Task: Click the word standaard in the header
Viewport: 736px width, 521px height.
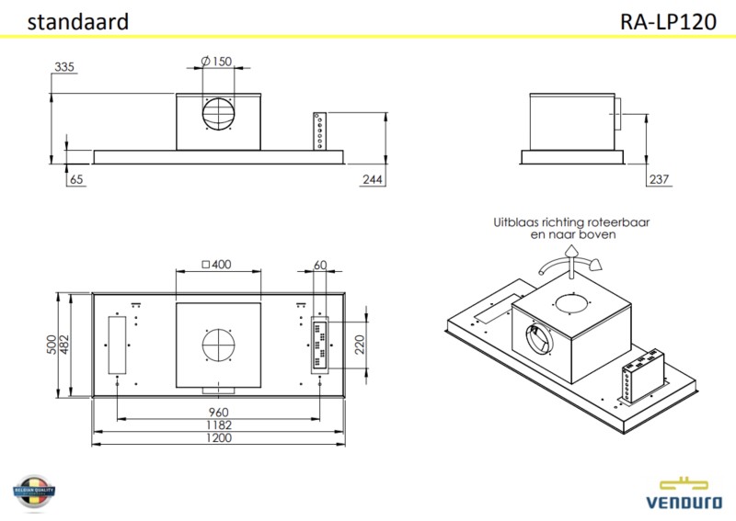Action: click(x=77, y=23)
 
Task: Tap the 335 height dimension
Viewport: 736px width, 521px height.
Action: click(x=63, y=67)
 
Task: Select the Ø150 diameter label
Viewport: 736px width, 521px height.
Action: click(x=215, y=62)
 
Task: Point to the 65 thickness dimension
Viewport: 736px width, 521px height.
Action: click(x=75, y=180)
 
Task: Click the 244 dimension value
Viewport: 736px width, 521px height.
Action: click(x=372, y=180)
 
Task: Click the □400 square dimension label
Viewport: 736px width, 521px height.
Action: click(x=216, y=266)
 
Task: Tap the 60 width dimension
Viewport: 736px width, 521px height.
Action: click(x=320, y=266)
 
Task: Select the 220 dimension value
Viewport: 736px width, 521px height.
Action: click(x=360, y=345)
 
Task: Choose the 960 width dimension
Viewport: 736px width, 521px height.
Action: click(x=218, y=412)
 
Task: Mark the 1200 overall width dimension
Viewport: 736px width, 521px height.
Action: click(x=218, y=438)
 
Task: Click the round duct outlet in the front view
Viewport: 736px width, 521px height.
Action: click(x=219, y=114)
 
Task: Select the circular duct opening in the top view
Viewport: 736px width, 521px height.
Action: click(x=219, y=346)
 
